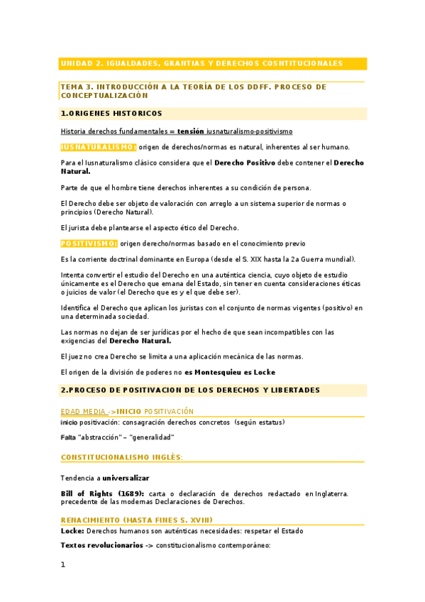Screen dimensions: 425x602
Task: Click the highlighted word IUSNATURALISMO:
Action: pyautogui.click(x=98, y=147)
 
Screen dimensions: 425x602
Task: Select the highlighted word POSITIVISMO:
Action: pyautogui.click(x=89, y=243)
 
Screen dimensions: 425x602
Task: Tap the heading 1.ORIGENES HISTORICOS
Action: pyautogui.click(x=111, y=114)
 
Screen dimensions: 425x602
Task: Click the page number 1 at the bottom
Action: pyautogui.click(x=63, y=565)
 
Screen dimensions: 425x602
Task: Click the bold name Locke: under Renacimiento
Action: pyautogui.click(x=72, y=531)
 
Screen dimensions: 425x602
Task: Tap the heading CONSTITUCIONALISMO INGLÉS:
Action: pyautogui.click(x=122, y=457)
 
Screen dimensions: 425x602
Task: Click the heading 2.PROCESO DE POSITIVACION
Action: pyautogui.click(x=190, y=390)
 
